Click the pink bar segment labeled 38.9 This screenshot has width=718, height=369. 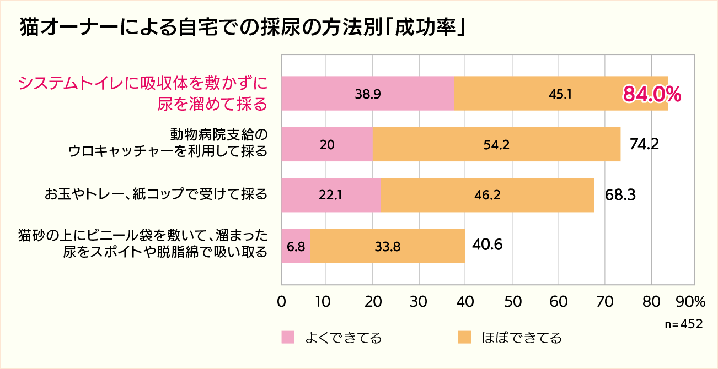pos(367,94)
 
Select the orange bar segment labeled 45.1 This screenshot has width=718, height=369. pos(560,94)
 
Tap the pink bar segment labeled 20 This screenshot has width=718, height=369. pos(326,144)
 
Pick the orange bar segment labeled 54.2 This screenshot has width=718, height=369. pos(496,144)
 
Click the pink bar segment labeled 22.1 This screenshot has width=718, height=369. pos(331,195)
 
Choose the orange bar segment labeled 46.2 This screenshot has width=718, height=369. pos(487,195)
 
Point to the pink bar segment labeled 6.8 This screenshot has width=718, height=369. pos(296,246)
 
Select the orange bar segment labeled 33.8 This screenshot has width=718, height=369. pos(387,246)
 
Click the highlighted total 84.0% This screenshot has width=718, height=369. pos(652,94)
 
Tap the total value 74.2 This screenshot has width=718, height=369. pos(644,144)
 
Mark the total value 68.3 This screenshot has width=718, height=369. pos(620,195)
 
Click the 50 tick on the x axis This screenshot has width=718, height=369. pos(513,301)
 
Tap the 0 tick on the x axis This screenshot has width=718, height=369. pos(282,301)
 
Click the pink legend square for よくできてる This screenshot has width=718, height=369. pos(288,337)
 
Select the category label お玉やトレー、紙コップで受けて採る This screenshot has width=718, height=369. pos(156,194)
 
